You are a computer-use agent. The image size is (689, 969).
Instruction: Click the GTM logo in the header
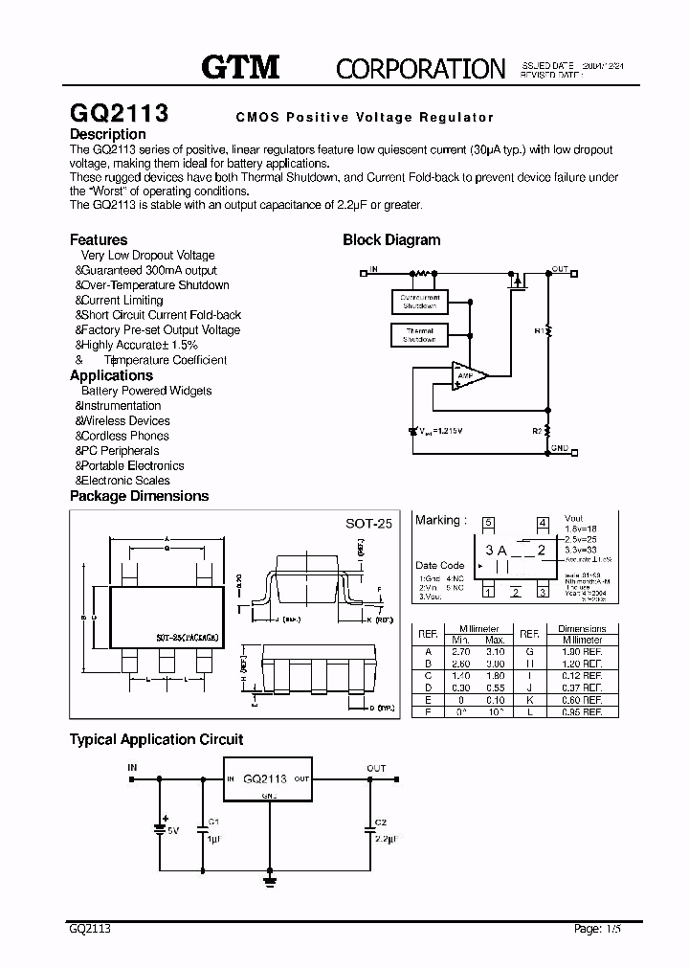pyautogui.click(x=240, y=66)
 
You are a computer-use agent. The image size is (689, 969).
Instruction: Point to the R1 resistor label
pyautogui.click(x=538, y=330)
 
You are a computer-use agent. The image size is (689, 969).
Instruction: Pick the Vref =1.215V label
pyautogui.click(x=441, y=432)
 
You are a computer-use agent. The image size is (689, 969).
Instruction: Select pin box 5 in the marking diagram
pyautogui.click(x=488, y=523)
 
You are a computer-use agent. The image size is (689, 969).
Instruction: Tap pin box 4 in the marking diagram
pyautogui.click(x=543, y=523)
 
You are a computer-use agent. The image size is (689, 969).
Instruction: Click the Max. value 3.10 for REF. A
pyautogui.click(x=495, y=650)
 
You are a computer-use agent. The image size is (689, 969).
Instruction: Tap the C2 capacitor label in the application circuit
pyautogui.click(x=381, y=823)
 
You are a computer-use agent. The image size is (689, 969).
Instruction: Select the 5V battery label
pyautogui.click(x=172, y=830)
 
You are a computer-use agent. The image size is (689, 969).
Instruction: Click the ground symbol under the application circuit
pyautogui.click(x=270, y=879)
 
